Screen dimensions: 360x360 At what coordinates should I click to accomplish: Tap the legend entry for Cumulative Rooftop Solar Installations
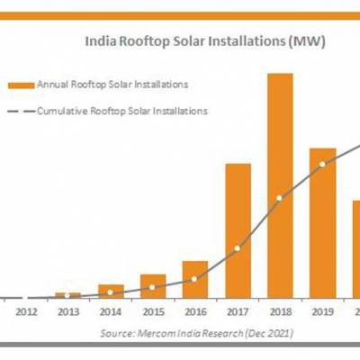pos(121,111)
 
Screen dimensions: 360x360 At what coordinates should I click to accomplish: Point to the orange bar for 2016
pos(195,279)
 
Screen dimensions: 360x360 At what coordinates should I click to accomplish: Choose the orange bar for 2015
pos(153,285)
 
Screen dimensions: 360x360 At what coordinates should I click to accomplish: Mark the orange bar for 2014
pos(111,291)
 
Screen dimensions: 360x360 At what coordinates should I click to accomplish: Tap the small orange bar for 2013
pos(68,294)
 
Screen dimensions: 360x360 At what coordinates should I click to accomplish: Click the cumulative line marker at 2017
pos(238,248)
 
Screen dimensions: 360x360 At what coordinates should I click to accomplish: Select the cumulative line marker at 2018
pos(280,198)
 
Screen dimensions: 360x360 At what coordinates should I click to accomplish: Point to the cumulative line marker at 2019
pos(322,165)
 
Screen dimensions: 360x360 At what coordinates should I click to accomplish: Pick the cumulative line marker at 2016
pos(195,280)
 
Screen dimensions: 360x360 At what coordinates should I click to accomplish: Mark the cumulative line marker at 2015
pos(153,288)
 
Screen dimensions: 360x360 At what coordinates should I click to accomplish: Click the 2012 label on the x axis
pos(26,312)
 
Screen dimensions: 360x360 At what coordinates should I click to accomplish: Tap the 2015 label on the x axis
pos(153,312)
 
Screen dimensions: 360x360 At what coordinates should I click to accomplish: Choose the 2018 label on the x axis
pos(280,312)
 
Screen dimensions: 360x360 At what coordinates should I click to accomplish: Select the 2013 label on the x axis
pos(68,312)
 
